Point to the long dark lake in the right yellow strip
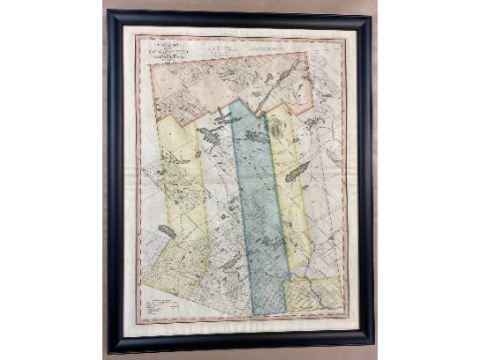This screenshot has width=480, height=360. click(297, 171)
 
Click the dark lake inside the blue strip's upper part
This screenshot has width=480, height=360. click(253, 137)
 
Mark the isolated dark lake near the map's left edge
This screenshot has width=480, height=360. click(165, 231)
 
